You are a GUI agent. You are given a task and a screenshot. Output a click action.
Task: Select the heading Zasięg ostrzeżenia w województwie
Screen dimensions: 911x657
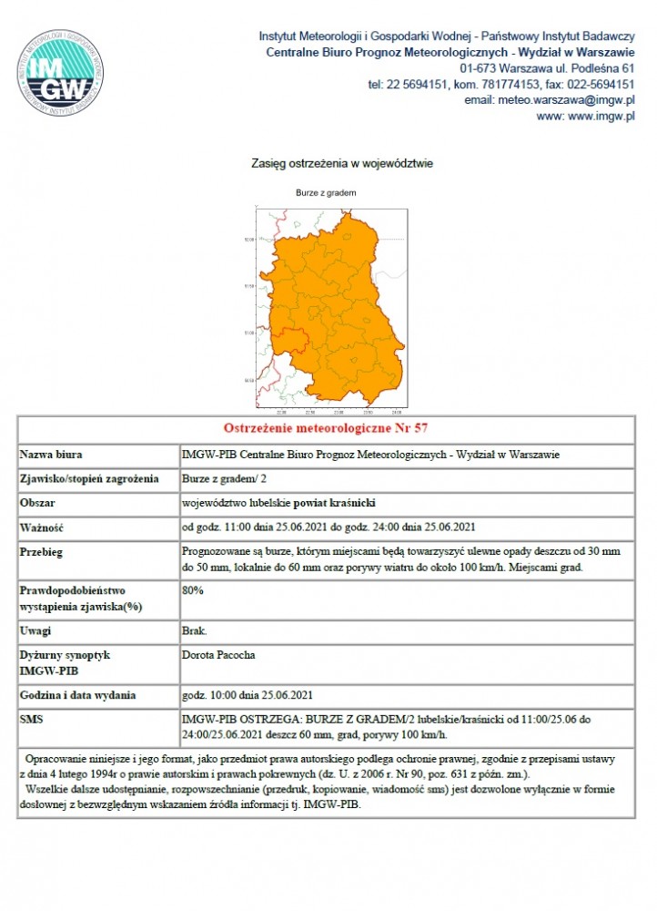tap(328, 164)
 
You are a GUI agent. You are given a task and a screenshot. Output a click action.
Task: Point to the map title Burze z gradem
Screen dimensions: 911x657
tap(326, 193)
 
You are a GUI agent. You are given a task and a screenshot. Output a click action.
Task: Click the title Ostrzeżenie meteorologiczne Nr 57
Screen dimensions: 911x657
tap(326, 428)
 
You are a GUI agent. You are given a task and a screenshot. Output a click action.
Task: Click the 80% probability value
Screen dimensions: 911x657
tap(192, 589)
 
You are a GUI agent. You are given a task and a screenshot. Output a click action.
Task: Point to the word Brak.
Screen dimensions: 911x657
tap(195, 630)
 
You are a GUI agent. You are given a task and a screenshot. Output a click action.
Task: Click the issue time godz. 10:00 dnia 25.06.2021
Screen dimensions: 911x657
tap(248, 695)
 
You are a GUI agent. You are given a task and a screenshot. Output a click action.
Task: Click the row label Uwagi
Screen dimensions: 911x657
tap(36, 630)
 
